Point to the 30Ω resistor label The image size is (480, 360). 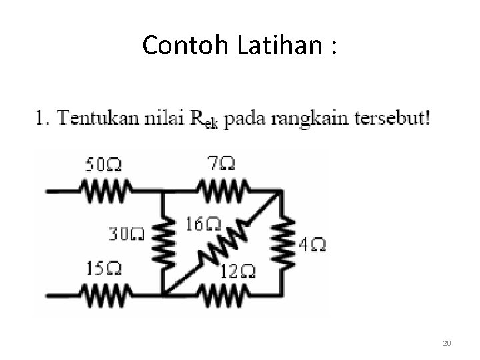click(x=126, y=233)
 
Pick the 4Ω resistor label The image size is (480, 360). click(x=312, y=245)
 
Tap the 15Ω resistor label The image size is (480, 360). click(x=103, y=269)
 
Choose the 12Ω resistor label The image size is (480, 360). click(x=239, y=271)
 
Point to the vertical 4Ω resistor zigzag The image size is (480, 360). click(x=284, y=241)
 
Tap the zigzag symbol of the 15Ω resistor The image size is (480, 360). click(x=104, y=293)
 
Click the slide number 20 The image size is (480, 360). click(x=447, y=343)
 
